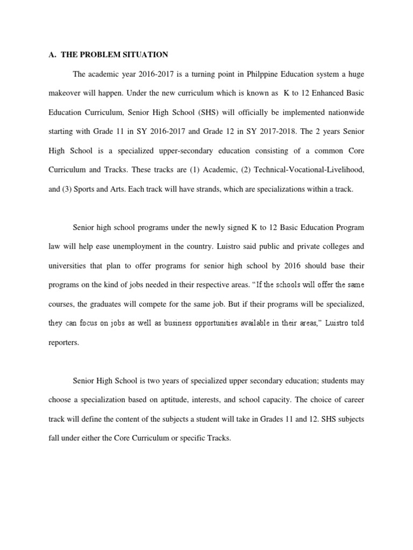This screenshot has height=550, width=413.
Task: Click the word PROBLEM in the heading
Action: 99,54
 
